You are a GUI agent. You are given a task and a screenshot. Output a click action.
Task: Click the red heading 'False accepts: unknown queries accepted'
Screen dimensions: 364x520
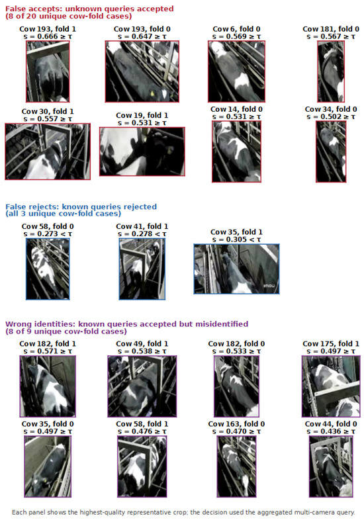pyautogui.click(x=89, y=9)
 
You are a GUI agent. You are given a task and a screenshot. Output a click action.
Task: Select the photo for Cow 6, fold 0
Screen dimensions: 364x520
pyautogui.click(x=236, y=71)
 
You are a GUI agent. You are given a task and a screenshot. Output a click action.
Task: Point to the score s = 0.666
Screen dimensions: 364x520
pyautogui.click(x=48, y=36)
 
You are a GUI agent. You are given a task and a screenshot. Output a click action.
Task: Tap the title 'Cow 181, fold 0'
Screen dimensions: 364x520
pyautogui.click(x=331, y=29)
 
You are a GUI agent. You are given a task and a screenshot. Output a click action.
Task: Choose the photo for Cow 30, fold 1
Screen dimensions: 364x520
pyautogui.click(x=48, y=152)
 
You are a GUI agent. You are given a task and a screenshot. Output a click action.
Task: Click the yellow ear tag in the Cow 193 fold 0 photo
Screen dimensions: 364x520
pyautogui.click(x=152, y=94)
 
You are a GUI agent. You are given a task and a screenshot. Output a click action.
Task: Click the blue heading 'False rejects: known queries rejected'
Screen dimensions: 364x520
pyautogui.click(x=81, y=206)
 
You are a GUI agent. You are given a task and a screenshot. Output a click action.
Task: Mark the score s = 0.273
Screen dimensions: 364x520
pyautogui.click(x=48, y=234)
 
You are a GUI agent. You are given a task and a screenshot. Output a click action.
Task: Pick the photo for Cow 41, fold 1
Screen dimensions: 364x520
pyautogui.click(x=142, y=269)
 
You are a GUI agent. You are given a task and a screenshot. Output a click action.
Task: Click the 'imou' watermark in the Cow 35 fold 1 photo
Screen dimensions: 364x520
pyautogui.click(x=269, y=286)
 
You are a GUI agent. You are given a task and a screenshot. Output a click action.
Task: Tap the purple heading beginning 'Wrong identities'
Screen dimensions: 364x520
pyautogui.click(x=127, y=324)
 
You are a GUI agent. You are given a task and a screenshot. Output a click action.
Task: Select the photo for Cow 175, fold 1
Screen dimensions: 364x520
pyautogui.click(x=331, y=386)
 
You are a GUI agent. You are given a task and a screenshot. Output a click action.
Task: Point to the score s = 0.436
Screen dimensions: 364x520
pyautogui.click(x=331, y=431)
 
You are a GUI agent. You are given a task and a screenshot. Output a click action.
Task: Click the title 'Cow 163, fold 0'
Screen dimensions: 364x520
pyautogui.click(x=236, y=424)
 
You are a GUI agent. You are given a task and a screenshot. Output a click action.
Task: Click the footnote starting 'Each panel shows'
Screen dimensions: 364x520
pyautogui.click(x=183, y=512)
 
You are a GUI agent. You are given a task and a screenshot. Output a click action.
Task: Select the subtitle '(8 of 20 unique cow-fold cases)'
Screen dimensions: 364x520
pyautogui.click(x=68, y=16)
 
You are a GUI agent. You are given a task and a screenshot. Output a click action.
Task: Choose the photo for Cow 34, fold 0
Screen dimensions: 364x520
pyautogui.click(x=331, y=152)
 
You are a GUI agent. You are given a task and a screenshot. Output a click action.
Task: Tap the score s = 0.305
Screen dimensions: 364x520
pyautogui.click(x=236, y=239)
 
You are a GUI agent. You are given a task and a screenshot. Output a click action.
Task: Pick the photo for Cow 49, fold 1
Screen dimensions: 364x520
pyautogui.click(x=142, y=386)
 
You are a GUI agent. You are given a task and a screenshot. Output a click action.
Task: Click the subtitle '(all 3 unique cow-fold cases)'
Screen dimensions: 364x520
pyautogui.click(x=63, y=214)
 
